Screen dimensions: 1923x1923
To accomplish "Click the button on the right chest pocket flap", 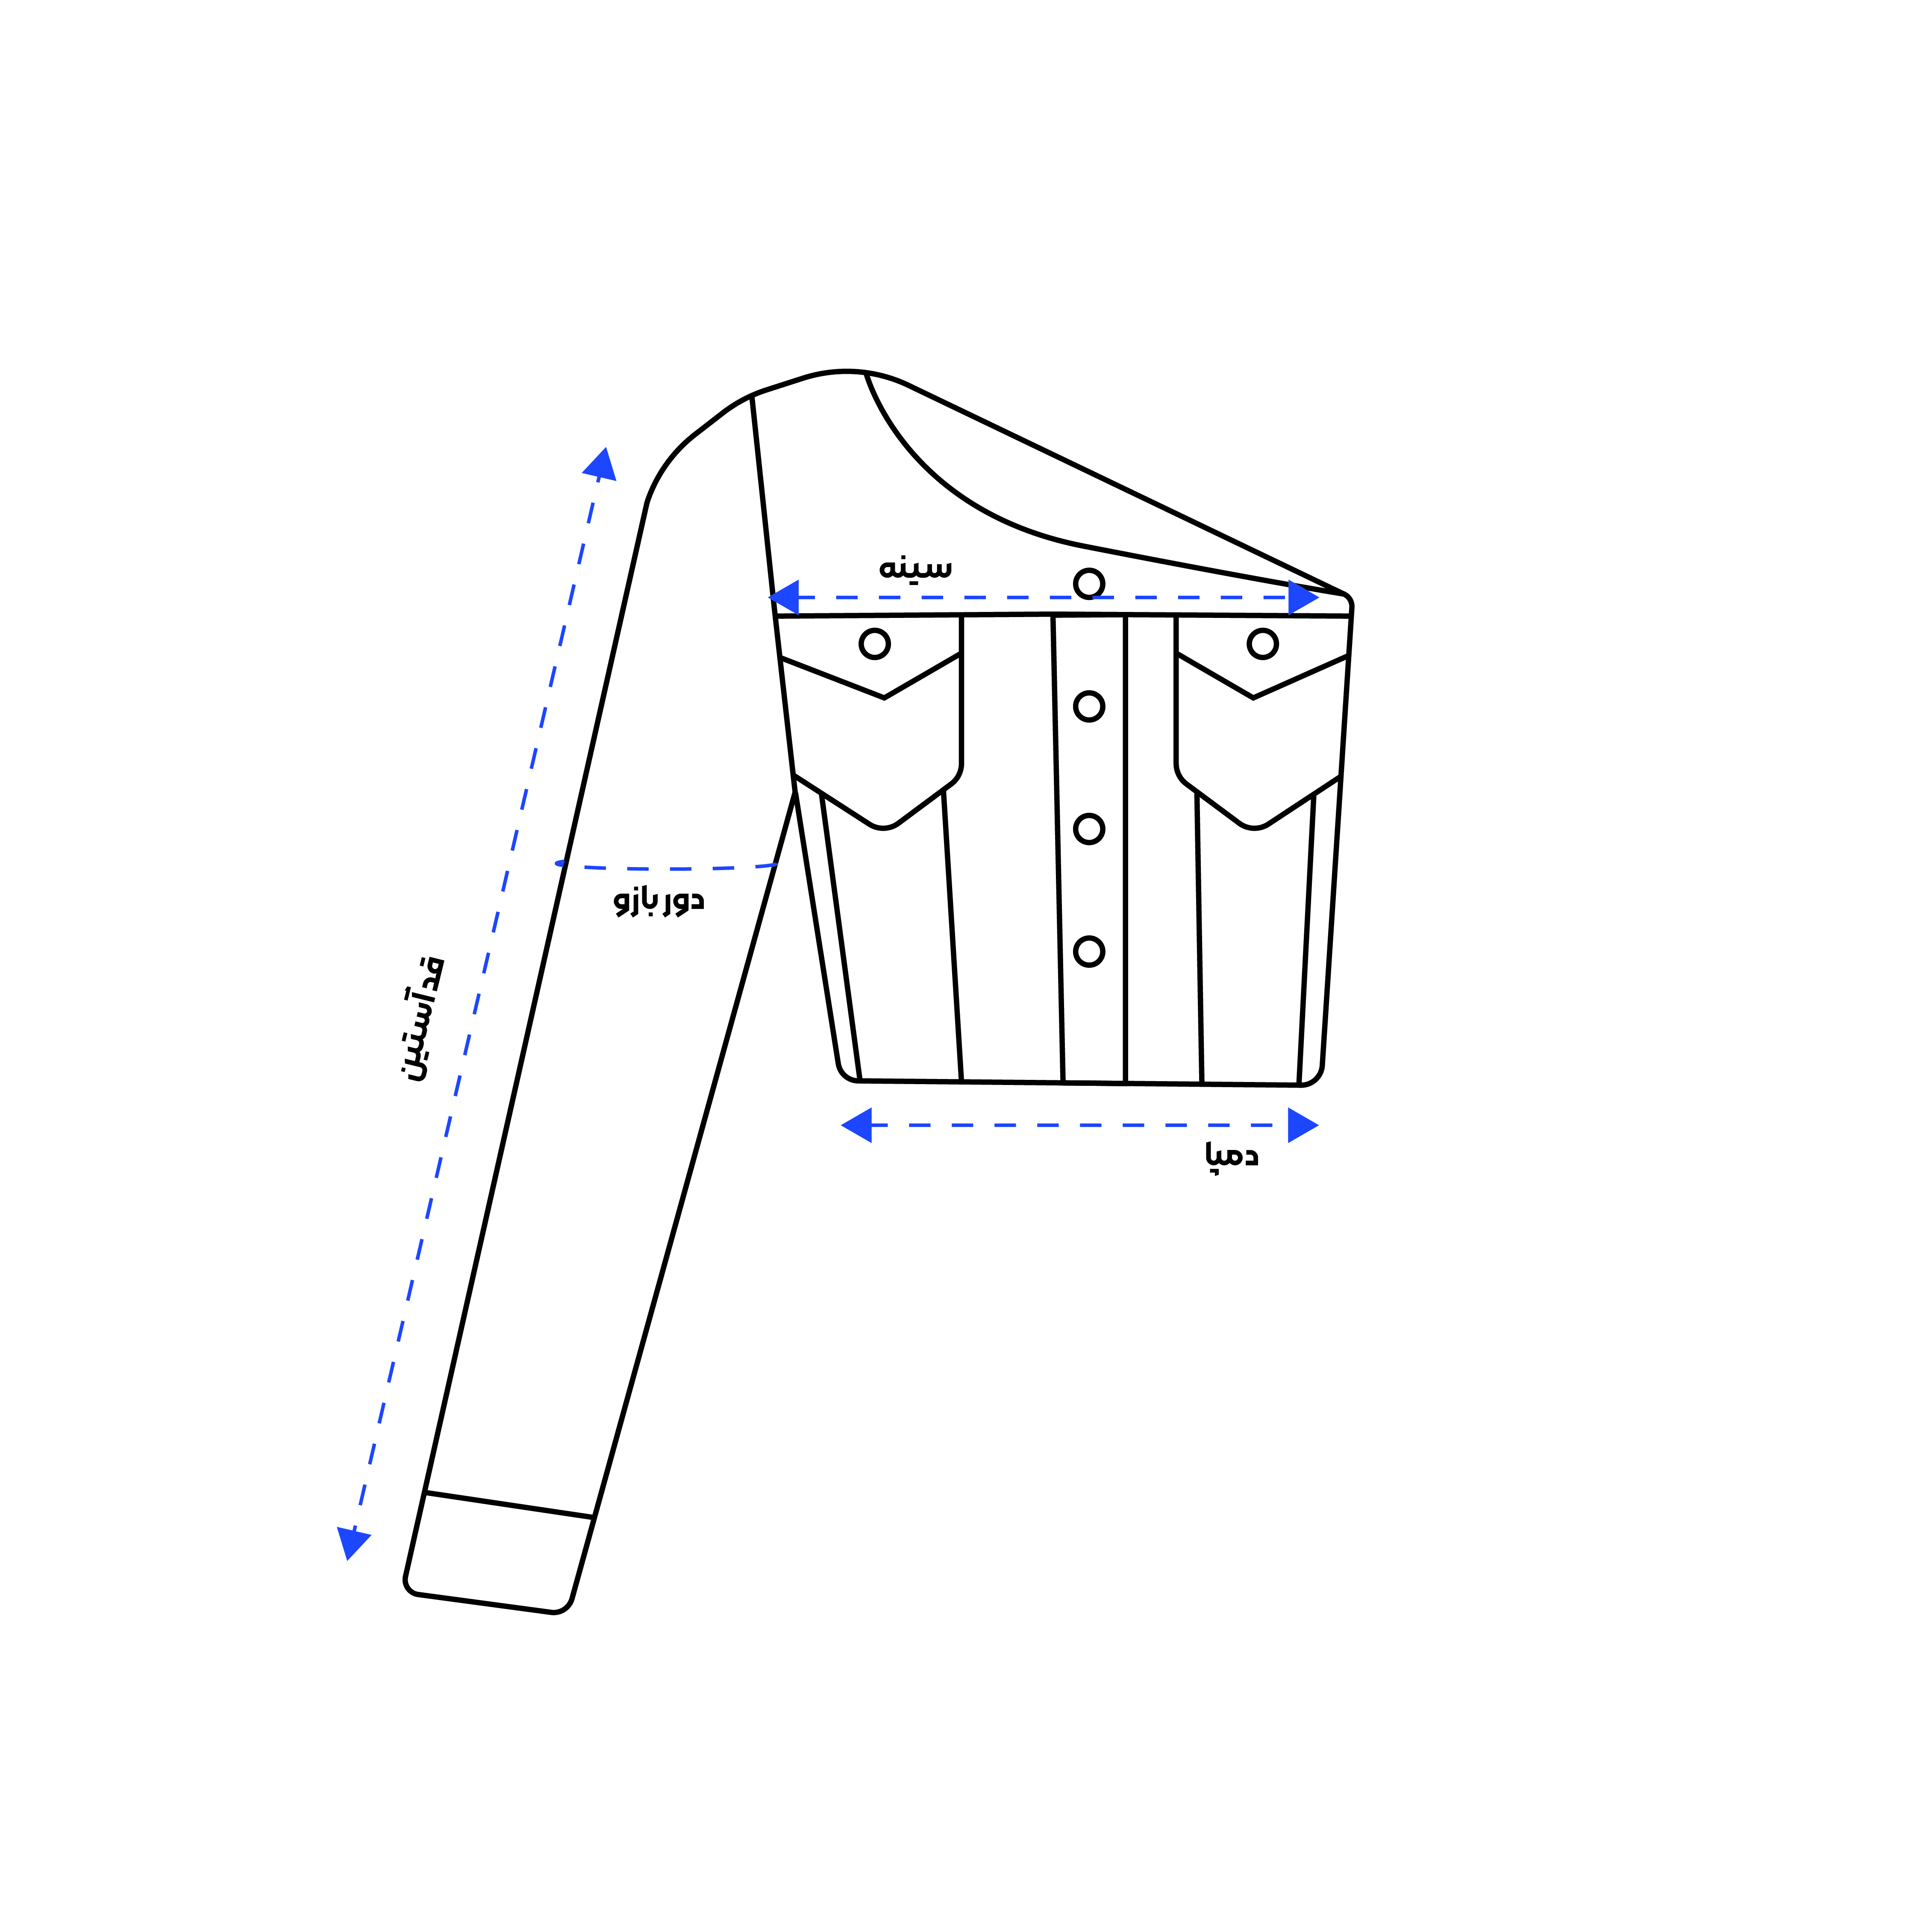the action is pos(1262,644).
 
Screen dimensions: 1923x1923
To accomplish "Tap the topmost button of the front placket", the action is pos(1089,583).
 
